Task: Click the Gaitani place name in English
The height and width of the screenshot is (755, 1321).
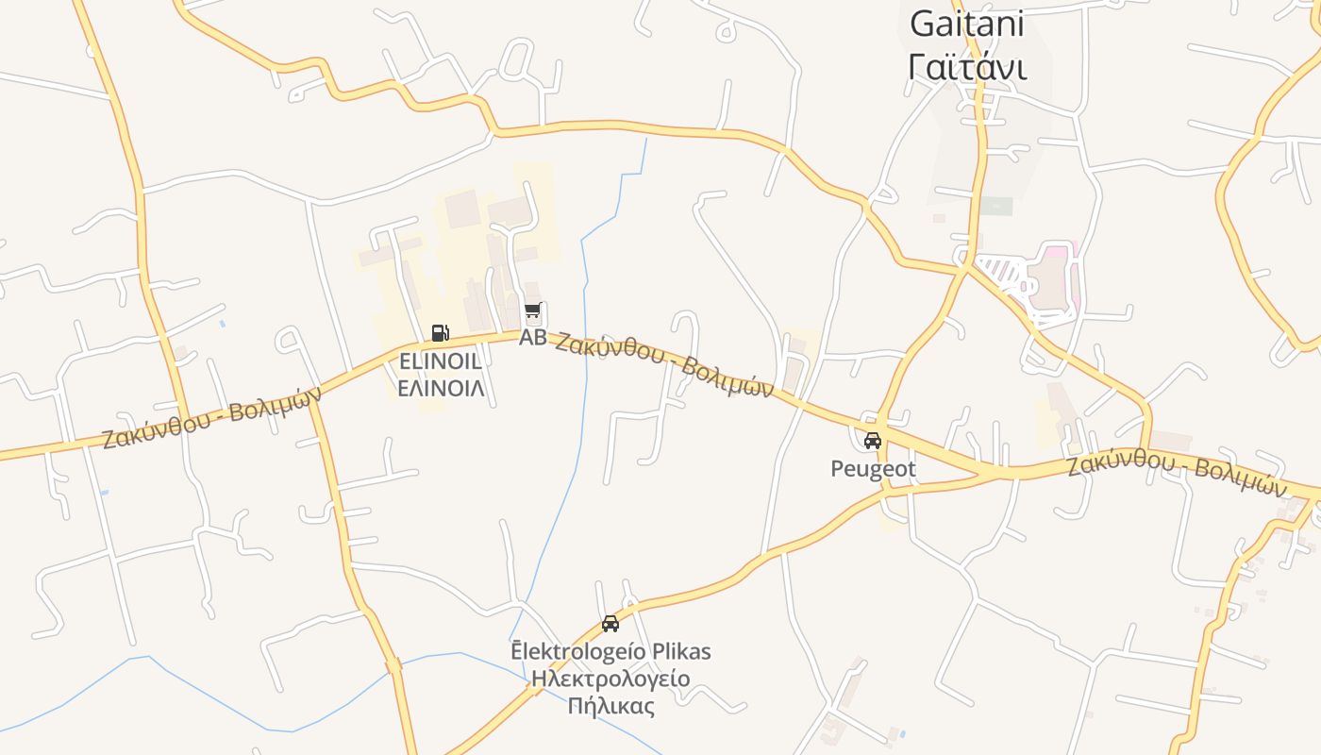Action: point(966,25)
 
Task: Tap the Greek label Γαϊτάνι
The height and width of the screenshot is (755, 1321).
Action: point(966,67)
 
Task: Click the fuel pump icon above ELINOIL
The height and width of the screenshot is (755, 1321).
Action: point(440,332)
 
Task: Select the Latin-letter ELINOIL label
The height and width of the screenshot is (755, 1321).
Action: point(441,361)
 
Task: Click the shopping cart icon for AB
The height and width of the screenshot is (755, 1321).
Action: point(533,311)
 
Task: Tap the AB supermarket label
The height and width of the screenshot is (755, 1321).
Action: point(532,337)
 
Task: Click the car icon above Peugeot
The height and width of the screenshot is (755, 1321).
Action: point(873,440)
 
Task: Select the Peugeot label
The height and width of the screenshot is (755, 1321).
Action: point(873,468)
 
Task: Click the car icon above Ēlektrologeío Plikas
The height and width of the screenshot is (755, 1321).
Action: point(610,624)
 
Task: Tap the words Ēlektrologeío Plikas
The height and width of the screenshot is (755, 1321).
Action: point(610,651)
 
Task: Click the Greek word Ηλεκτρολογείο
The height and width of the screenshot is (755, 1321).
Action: point(610,679)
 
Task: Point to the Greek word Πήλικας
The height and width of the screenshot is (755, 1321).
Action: point(610,706)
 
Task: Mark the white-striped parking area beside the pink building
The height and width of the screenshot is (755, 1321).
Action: point(1002,273)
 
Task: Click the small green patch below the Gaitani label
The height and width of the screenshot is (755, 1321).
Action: point(995,206)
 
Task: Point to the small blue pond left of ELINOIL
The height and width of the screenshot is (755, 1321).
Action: point(223,324)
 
